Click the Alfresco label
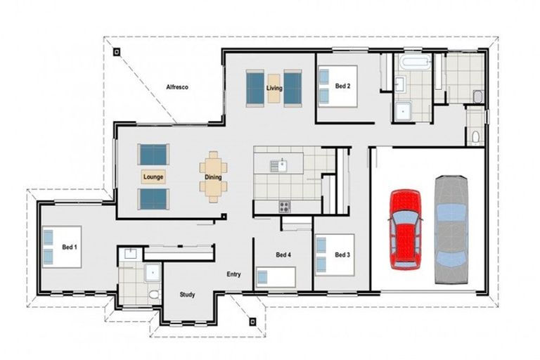[x=176, y=88]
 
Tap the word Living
[x=274, y=88]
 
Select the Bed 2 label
[x=342, y=86]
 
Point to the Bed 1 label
[x=69, y=247]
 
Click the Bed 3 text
[x=342, y=255]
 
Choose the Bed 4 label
[x=283, y=255]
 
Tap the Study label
[x=187, y=295]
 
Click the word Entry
[x=234, y=274]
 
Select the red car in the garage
[x=405, y=229]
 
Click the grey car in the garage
[x=450, y=229]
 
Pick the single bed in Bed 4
[x=275, y=276]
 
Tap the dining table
[x=213, y=177]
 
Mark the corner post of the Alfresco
[x=117, y=51]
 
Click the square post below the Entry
[x=252, y=321]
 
